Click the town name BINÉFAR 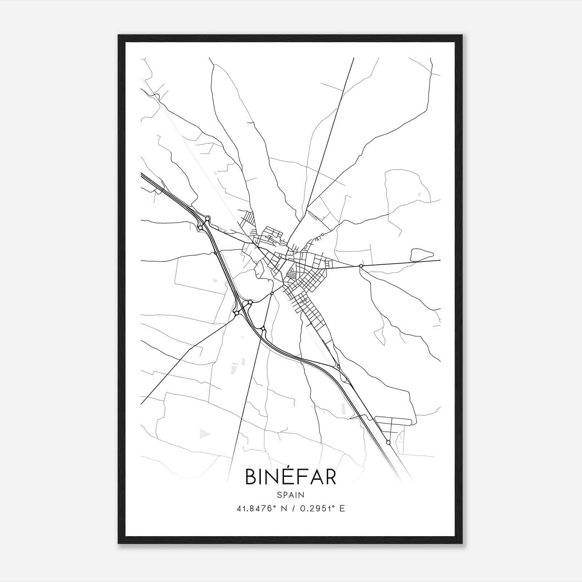[290, 477]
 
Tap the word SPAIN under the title [290, 495]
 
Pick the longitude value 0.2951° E [322, 509]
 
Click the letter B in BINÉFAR [251, 477]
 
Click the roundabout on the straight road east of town [361, 266]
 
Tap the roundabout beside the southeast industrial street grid [388, 442]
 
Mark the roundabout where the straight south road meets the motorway [263, 329]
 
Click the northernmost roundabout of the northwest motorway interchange [207, 219]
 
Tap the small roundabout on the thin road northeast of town [322, 235]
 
